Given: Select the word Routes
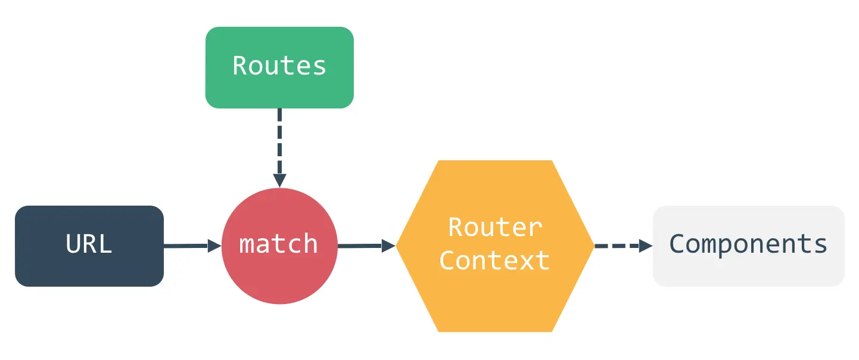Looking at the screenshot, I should coord(279,66).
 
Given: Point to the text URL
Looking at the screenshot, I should coord(89,244).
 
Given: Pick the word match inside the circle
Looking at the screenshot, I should coord(279,244).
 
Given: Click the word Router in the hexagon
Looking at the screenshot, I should coord(495,227).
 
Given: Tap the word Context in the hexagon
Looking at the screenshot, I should coord(494,260).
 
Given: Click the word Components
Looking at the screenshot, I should coord(749,244).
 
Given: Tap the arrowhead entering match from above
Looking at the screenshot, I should coord(279,180).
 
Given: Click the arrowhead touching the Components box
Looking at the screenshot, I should coord(646,246).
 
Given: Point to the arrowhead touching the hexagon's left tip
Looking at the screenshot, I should coord(388,245).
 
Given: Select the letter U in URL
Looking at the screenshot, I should coord(73,244).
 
